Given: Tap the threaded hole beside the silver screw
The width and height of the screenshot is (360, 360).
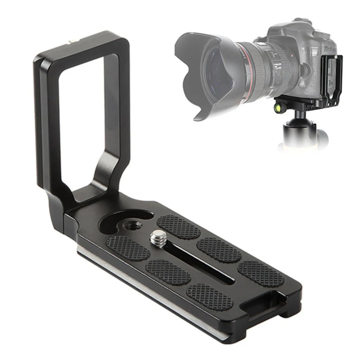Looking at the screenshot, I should [x=128, y=227].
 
